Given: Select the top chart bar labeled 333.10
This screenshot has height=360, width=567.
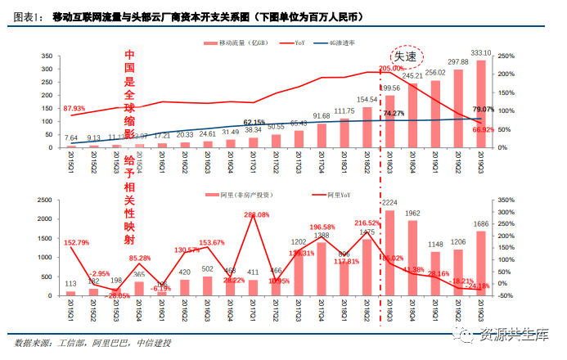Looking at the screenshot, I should coord(481,104).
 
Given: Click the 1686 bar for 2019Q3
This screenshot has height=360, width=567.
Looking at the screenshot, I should coord(481,263).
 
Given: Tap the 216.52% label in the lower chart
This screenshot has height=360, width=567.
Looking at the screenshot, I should coord(367,223).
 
